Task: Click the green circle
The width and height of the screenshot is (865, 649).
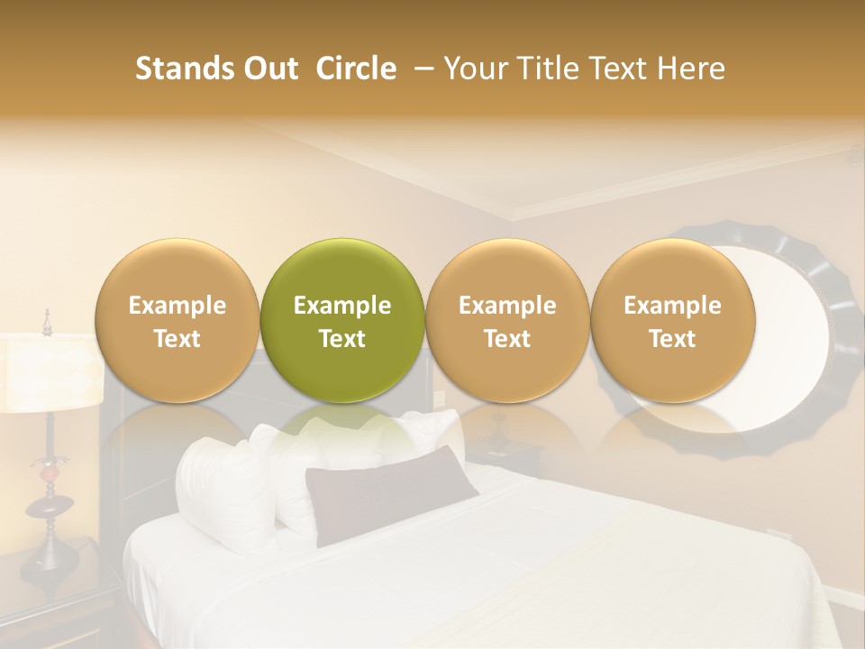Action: (341, 320)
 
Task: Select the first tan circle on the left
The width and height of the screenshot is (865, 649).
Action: (177, 320)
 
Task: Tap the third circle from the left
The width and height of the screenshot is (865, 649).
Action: (507, 320)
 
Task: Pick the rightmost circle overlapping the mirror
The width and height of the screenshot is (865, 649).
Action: (672, 320)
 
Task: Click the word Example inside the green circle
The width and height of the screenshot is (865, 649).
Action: (342, 306)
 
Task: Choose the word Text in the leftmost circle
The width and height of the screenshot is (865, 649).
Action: (177, 339)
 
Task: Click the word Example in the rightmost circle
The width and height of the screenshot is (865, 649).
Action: (672, 306)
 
